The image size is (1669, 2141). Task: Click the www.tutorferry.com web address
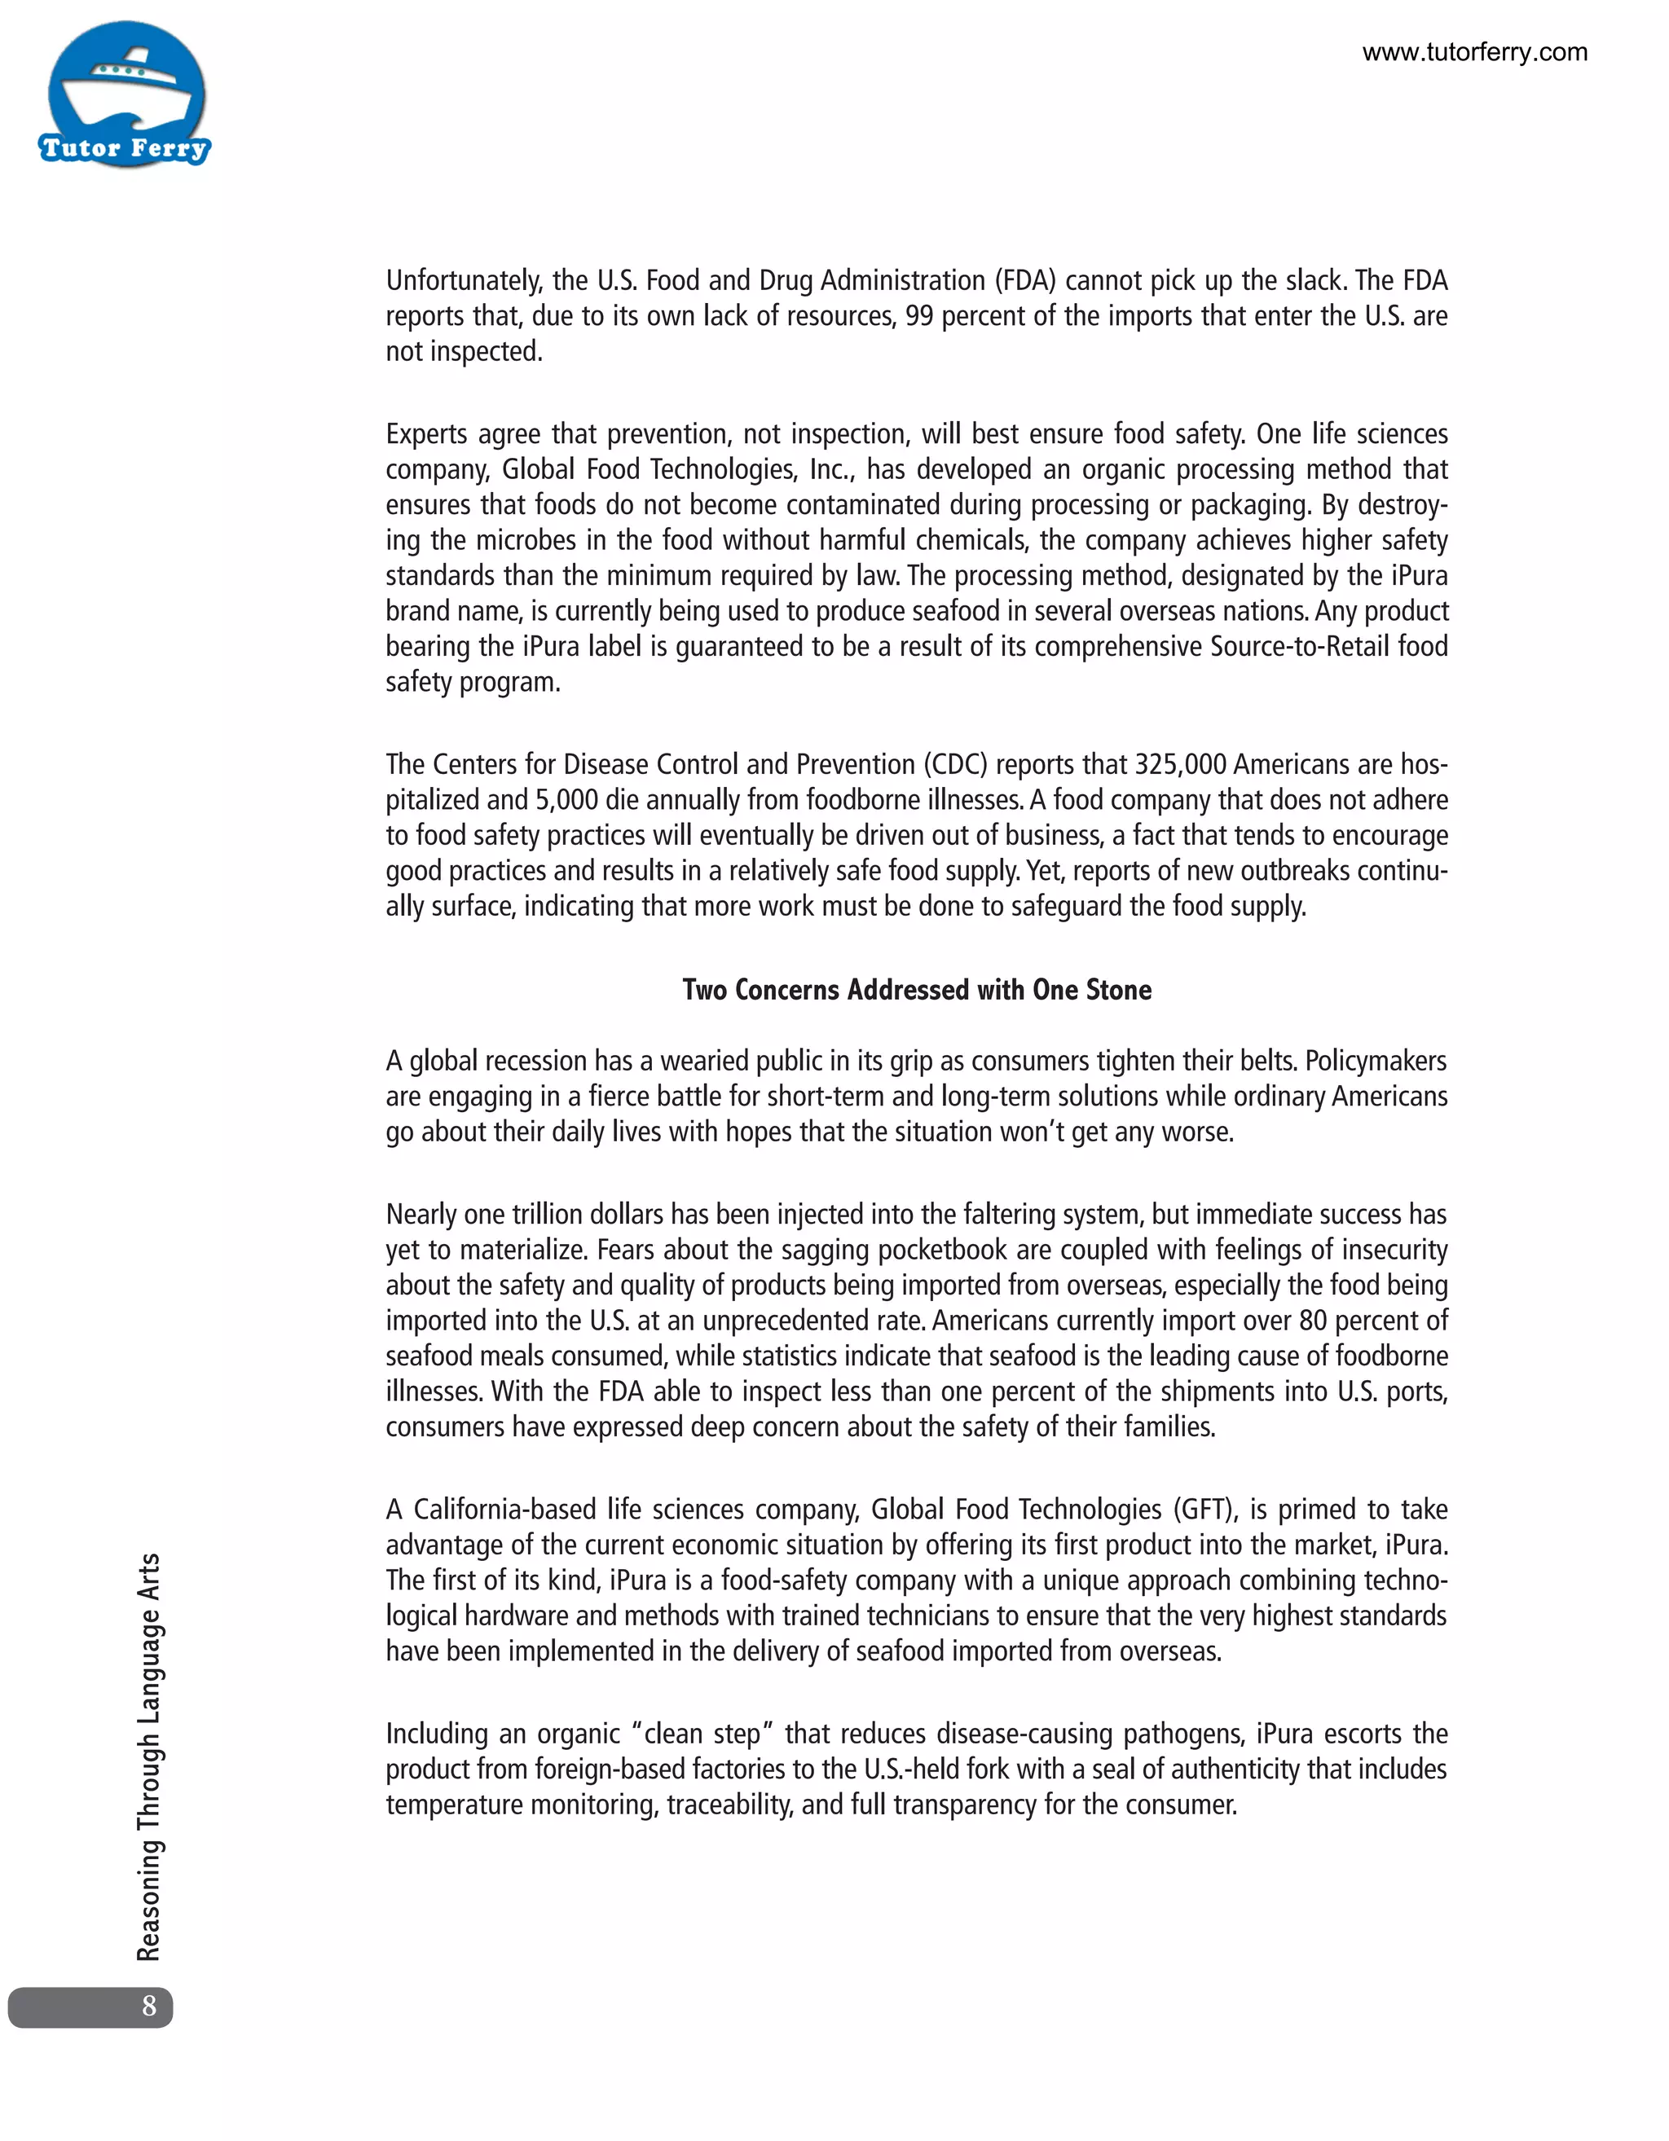click(x=1474, y=53)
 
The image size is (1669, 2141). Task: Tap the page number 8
click(x=149, y=2006)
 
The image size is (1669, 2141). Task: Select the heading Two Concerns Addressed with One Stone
click(x=916, y=990)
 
